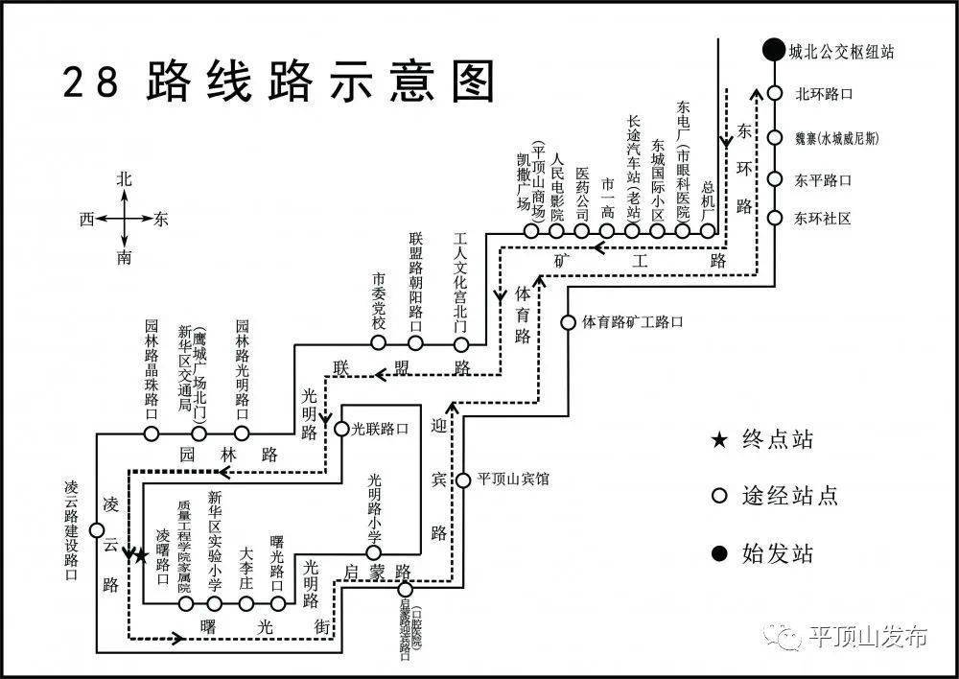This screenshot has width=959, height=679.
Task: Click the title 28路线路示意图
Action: click(x=279, y=82)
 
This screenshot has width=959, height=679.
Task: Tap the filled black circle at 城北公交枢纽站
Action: click(x=773, y=51)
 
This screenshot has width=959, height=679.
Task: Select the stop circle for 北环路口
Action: click(x=774, y=94)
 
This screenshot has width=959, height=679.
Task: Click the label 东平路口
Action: click(x=823, y=179)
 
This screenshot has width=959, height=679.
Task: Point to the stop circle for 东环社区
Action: click(x=774, y=218)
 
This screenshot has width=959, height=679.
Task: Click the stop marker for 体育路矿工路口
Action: click(x=568, y=322)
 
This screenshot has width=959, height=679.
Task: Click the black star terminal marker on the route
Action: click(x=141, y=555)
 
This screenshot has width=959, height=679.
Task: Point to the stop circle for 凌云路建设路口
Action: click(x=97, y=530)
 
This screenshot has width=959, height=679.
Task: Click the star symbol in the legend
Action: click(x=718, y=440)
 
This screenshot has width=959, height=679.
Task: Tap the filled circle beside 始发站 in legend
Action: click(x=718, y=552)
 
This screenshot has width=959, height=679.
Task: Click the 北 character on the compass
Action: click(x=124, y=178)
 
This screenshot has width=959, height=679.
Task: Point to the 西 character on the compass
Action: click(x=87, y=220)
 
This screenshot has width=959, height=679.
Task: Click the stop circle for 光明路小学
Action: click(x=374, y=552)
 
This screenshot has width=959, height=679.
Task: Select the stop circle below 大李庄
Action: click(x=246, y=603)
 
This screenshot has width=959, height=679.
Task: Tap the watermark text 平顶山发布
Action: click(x=868, y=637)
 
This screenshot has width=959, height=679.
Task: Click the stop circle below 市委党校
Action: click(x=379, y=342)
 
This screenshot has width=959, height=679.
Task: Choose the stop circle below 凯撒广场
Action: click(x=531, y=231)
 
